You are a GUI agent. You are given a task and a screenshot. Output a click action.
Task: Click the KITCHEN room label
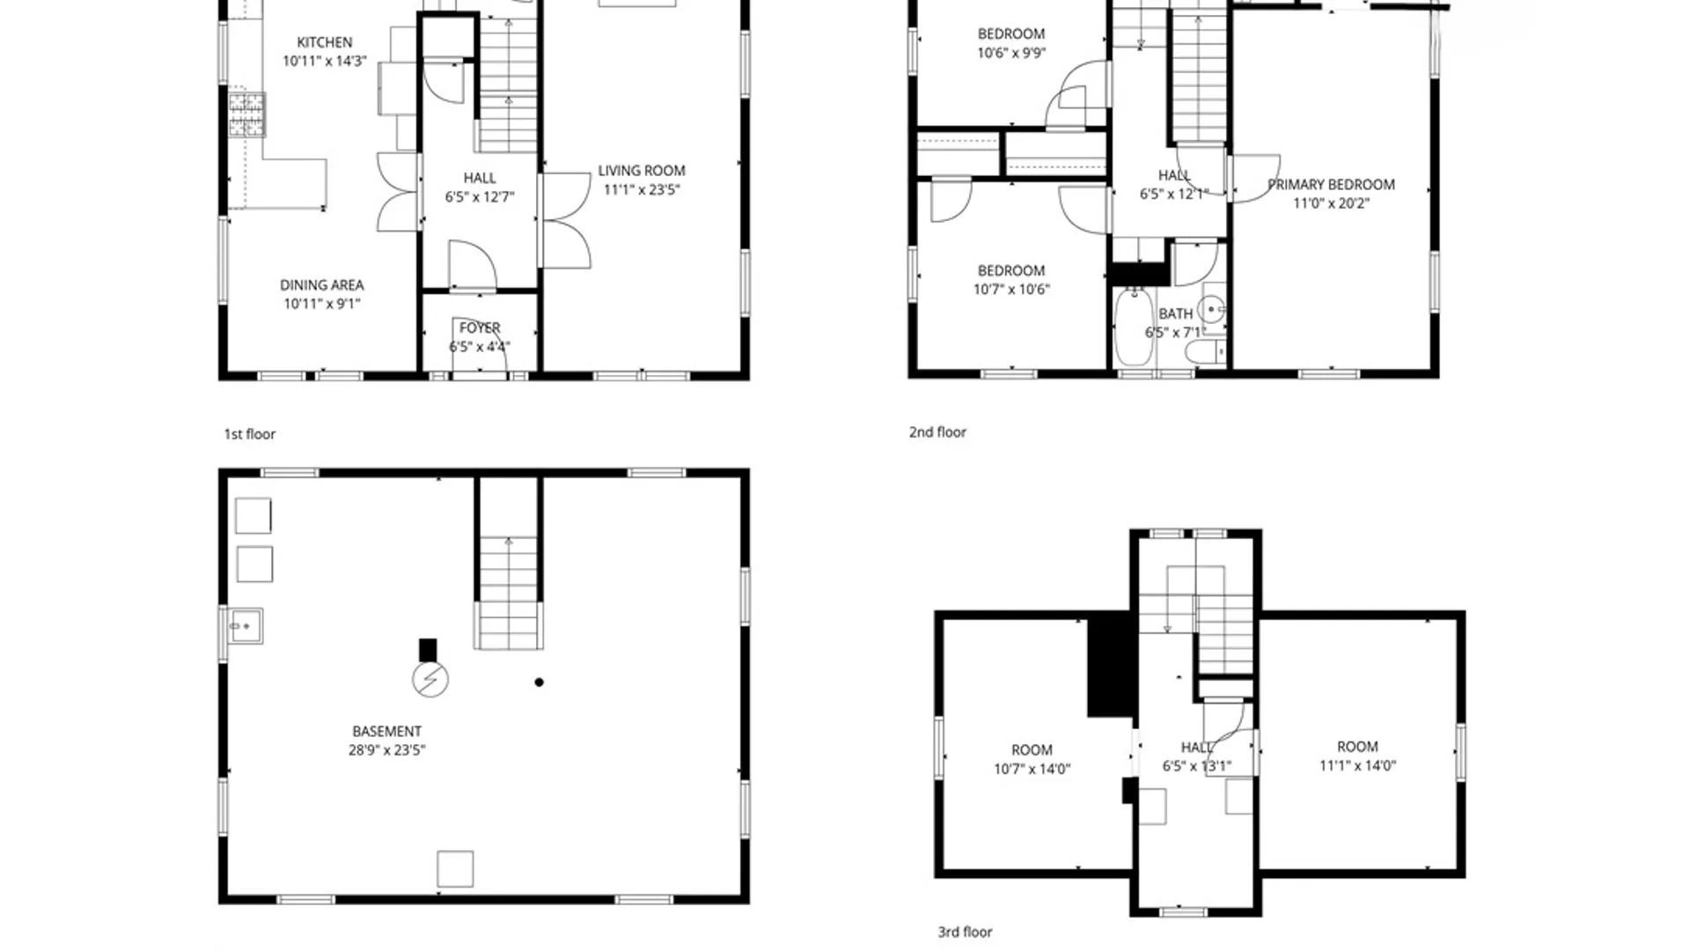(x=324, y=42)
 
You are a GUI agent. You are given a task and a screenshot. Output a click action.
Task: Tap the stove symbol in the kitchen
(x=246, y=114)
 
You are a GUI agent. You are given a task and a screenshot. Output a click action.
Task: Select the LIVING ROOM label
(x=641, y=171)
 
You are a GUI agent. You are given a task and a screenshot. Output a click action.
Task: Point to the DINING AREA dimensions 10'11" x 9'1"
(x=321, y=304)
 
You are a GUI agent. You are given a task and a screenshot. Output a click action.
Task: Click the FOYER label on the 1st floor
(x=480, y=328)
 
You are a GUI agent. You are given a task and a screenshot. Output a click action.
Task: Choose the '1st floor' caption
(x=249, y=434)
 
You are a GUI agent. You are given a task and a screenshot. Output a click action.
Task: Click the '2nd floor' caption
(x=937, y=432)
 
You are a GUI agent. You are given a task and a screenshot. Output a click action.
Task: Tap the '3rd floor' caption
(x=965, y=932)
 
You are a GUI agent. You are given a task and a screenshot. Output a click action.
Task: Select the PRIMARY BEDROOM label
(x=1331, y=185)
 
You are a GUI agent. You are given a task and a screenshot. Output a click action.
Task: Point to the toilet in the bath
(x=1205, y=353)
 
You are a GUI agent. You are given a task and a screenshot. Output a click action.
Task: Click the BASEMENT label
(x=386, y=732)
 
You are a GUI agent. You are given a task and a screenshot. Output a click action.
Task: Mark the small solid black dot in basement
(x=539, y=682)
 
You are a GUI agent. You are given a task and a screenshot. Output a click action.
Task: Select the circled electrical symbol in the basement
(x=430, y=680)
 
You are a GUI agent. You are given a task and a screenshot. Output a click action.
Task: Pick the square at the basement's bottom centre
(x=455, y=869)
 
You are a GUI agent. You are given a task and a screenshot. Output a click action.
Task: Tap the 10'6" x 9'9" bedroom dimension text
(x=1011, y=54)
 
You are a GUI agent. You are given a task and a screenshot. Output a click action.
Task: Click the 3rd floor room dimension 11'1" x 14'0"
(x=1357, y=766)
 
